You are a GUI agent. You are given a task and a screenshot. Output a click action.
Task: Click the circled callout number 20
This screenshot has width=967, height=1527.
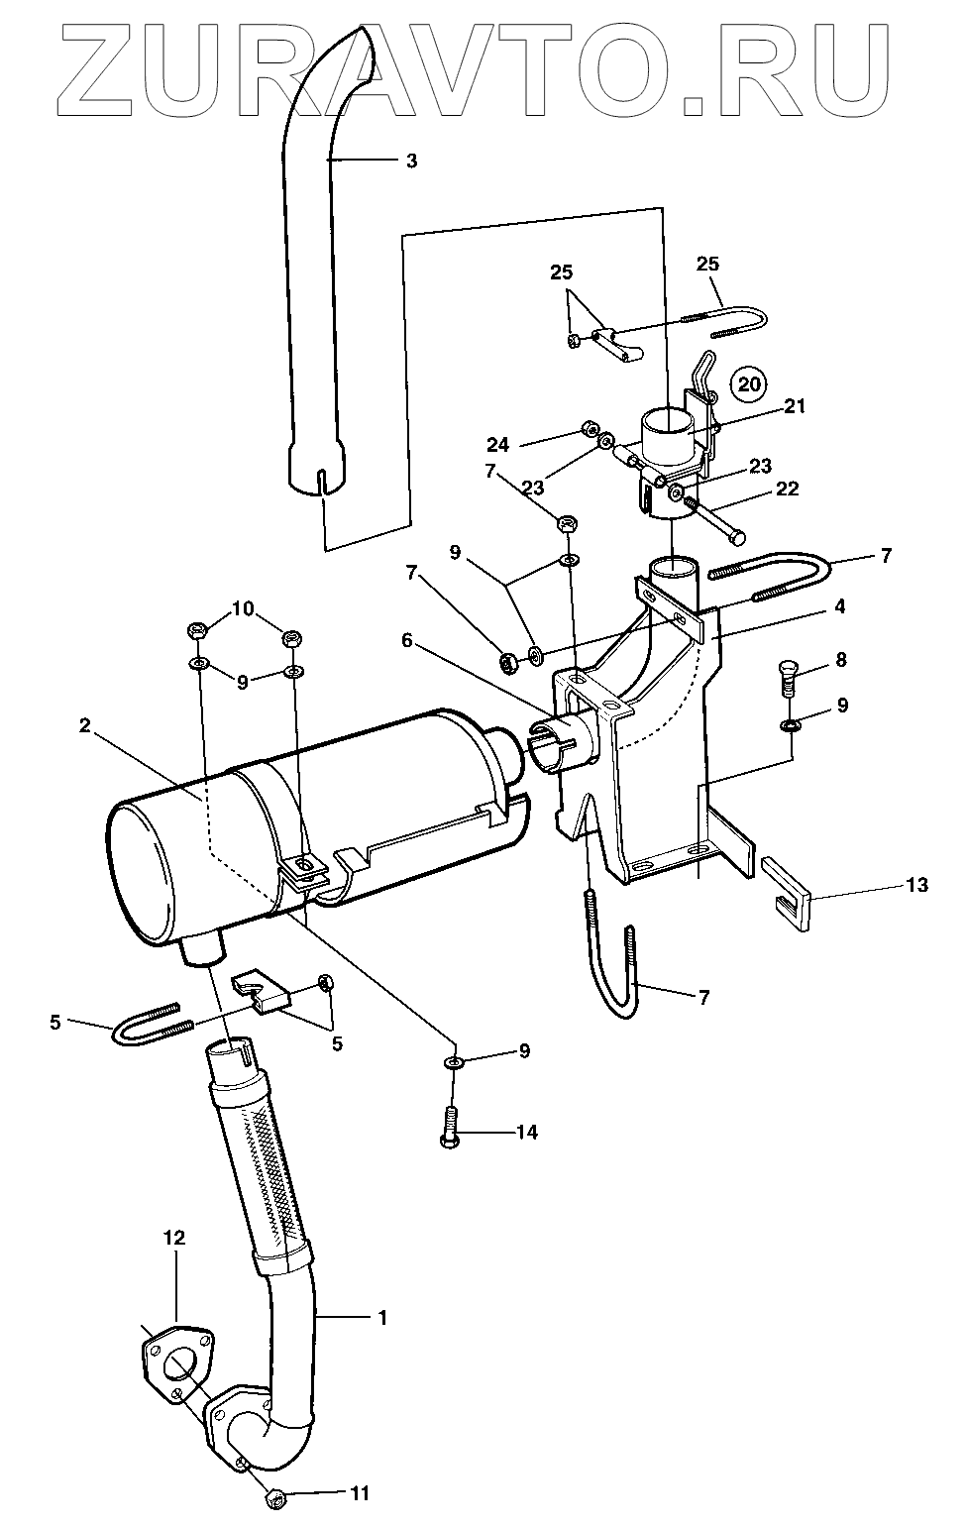749,383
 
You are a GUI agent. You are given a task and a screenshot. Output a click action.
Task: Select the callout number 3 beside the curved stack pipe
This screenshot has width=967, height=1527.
411,161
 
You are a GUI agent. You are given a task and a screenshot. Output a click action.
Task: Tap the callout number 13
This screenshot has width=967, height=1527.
917,885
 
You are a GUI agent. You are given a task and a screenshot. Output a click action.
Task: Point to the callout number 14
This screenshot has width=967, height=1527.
527,1133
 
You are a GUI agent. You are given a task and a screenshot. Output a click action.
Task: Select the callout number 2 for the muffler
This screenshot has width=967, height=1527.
84,726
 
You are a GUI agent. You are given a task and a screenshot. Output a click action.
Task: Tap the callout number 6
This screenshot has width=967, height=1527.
407,640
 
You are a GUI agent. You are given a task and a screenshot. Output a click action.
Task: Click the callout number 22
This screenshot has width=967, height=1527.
787,489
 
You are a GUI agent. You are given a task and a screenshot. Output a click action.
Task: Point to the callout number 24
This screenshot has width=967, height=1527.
498,445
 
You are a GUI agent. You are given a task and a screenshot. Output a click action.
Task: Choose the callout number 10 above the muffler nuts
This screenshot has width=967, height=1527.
244,607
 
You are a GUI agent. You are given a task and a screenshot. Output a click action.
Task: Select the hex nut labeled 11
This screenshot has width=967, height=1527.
274,1493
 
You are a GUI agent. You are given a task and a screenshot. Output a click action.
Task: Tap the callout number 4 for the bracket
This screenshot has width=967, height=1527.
839,606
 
